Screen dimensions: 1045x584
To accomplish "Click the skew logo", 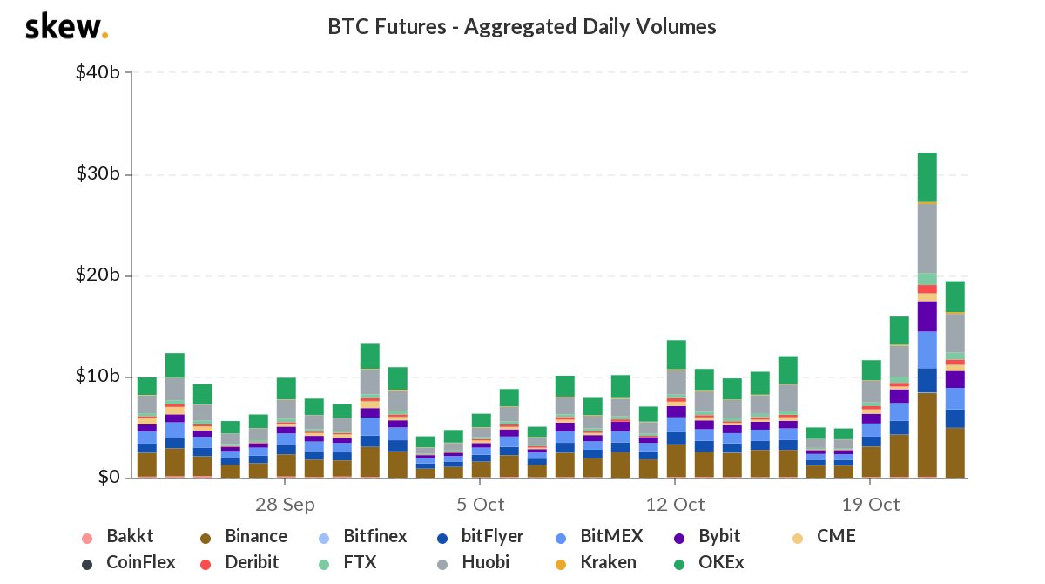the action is tap(67, 26).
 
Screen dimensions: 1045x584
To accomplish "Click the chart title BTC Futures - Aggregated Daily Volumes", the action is tap(522, 27).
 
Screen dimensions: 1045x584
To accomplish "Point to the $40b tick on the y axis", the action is tap(98, 72).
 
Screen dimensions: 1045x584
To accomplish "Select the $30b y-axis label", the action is tap(98, 173).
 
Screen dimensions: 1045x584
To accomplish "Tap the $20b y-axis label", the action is tap(98, 275).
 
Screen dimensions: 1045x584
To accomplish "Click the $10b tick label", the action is tap(98, 376).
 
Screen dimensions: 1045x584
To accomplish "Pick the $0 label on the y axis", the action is tap(109, 477).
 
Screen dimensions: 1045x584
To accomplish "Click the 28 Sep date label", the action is tap(285, 505).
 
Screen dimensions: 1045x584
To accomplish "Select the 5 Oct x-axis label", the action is tap(480, 505).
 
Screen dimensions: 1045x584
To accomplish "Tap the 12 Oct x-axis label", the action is tap(675, 505).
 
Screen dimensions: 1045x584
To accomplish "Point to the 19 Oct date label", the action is tap(871, 505).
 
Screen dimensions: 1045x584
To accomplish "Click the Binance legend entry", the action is tap(244, 536).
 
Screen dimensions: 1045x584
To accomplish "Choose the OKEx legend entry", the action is tap(709, 562).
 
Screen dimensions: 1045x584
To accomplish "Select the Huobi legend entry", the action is tap(473, 562).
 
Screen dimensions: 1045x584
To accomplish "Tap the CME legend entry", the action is tap(824, 536).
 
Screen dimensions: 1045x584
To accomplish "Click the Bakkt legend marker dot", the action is tap(87, 539).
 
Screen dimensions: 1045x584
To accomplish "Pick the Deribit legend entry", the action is tap(239, 562).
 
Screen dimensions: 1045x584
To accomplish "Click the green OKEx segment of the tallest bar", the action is tap(927, 178).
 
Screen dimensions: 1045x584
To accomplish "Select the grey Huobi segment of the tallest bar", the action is tap(927, 238).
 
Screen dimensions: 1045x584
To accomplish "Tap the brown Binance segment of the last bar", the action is tap(955, 453).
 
